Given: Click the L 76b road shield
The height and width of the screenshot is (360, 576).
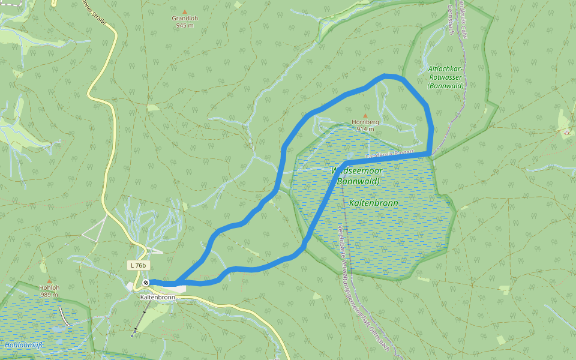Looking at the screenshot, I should (137, 265).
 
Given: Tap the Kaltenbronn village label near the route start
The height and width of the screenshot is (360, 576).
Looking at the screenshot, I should (157, 297).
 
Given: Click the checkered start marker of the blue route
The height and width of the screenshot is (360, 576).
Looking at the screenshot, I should (146, 283).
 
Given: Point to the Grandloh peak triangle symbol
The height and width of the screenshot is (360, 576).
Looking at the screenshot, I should (184, 11).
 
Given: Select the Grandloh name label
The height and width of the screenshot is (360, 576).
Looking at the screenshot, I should (184, 18).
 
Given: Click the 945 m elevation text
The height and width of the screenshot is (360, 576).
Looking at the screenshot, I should (184, 25).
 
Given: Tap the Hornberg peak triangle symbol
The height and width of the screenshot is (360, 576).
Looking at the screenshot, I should (365, 115).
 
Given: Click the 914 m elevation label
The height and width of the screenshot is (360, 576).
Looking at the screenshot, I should (365, 129).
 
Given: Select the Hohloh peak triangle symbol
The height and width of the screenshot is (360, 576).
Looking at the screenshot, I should (50, 280).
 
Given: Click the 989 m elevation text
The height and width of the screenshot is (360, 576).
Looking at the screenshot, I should (50, 294).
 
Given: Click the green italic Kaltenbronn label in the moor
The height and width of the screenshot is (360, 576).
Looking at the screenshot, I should (373, 203).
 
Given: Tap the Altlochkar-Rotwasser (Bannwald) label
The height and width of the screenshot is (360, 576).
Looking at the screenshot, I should (445, 77).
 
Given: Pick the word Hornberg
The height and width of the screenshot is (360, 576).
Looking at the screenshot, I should (365, 122).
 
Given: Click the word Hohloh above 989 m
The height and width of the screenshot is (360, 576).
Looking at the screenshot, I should (50, 287).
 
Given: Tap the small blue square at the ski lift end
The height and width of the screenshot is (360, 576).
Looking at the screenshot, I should (133, 335).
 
